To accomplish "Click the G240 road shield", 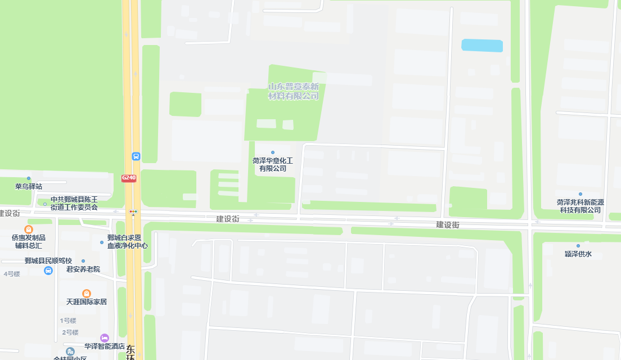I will click(129, 178).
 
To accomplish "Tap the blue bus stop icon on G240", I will click(136, 156).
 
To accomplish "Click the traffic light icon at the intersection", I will click(134, 212).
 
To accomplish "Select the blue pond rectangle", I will click(482, 46).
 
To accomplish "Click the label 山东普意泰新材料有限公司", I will click(294, 91).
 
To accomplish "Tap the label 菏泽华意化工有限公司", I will click(273, 164).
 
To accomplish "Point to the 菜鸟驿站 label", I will click(29, 186).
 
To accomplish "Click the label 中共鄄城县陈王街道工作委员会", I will click(74, 203).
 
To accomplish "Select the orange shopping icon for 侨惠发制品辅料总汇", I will click(29, 229).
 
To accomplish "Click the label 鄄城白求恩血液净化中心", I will click(128, 241).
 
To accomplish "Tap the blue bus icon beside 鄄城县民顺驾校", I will click(48, 271).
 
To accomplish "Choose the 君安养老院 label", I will click(83, 269).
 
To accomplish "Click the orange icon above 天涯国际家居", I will click(87, 293).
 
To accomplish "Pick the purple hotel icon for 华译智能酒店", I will click(104, 337).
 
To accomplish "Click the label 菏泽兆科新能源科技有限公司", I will click(580, 206).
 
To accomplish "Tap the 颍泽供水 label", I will click(578, 254).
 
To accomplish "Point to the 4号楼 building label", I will click(12, 274).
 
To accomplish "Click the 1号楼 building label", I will click(69, 321).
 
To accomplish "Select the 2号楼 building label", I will click(70, 332).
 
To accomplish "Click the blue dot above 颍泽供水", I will click(578, 246).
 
